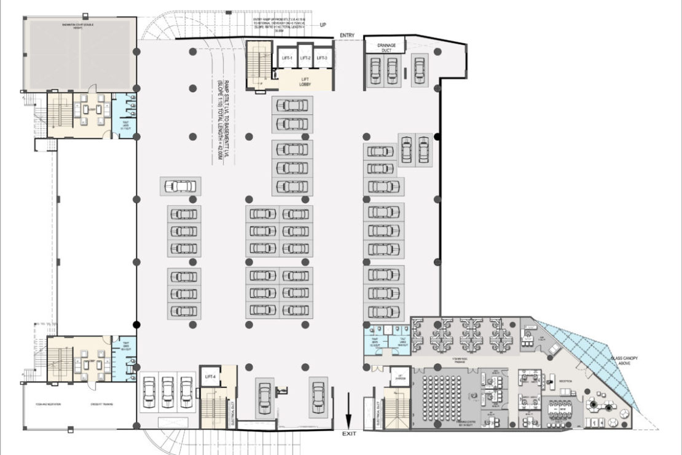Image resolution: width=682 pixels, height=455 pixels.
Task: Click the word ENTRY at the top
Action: click(348, 36)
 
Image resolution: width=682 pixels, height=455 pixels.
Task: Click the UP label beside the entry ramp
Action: click(323, 25)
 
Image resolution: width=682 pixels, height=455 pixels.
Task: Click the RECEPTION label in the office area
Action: click(566, 382)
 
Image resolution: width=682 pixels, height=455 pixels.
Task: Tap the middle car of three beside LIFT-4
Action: click(168, 392)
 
